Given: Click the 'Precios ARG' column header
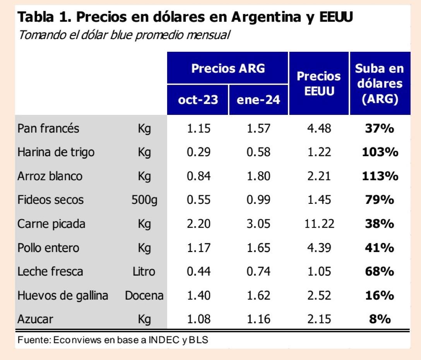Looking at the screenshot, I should [x=228, y=68].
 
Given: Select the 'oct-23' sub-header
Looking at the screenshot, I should [x=198, y=100].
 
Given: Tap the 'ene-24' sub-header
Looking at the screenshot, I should [x=258, y=100].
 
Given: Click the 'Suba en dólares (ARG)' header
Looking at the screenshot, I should [x=379, y=84].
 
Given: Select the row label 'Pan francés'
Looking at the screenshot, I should [x=48, y=128].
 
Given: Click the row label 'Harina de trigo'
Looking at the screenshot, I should [x=56, y=152].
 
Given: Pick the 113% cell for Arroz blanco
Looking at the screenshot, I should [x=379, y=176].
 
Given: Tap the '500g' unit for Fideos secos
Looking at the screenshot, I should [x=144, y=200].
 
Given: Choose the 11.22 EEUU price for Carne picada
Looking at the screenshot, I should [x=319, y=224].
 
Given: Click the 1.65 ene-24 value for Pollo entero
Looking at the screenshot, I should [x=258, y=248].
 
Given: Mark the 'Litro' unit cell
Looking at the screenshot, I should [x=144, y=272].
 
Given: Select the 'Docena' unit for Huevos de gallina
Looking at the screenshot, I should [x=144, y=296].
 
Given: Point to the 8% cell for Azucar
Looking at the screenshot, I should [x=379, y=319].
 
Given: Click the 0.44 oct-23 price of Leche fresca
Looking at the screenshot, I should [x=199, y=272].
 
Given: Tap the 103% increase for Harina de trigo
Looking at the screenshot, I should [x=379, y=152].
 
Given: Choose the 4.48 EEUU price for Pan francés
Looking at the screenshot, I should [x=319, y=128].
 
